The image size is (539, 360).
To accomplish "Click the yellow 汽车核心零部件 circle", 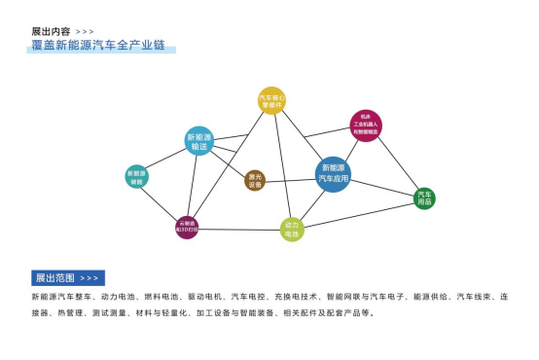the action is (x=270, y=100).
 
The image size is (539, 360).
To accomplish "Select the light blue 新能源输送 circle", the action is (x=199, y=141).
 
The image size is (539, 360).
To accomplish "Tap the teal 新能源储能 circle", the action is (x=136, y=177).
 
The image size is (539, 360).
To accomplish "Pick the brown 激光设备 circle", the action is (x=255, y=180).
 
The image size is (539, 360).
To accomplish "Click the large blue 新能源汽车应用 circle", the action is (x=333, y=174).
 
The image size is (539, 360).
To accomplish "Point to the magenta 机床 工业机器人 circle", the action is (x=365, y=125).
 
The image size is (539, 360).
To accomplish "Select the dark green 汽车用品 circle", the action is (x=424, y=198).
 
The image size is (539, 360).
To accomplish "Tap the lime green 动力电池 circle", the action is (x=292, y=230).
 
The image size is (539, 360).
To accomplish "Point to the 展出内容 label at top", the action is (x=51, y=31).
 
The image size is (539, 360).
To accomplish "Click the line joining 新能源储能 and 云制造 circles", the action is (x=162, y=202).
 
